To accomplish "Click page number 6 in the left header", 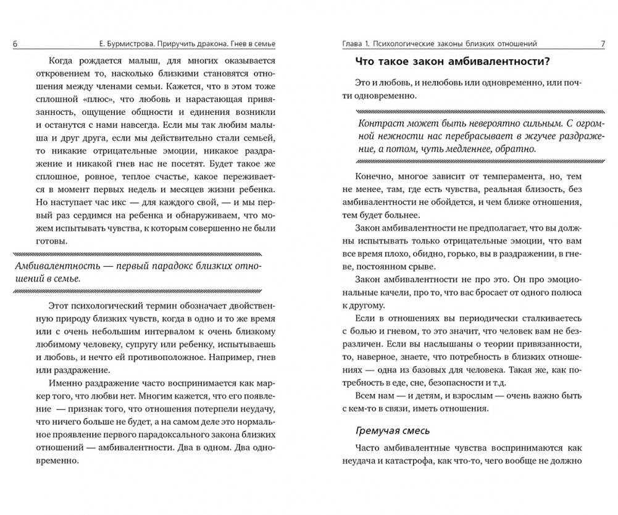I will pos(15,43).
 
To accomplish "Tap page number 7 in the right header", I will pos(602,43).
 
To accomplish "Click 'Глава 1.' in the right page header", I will pos(359,43).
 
